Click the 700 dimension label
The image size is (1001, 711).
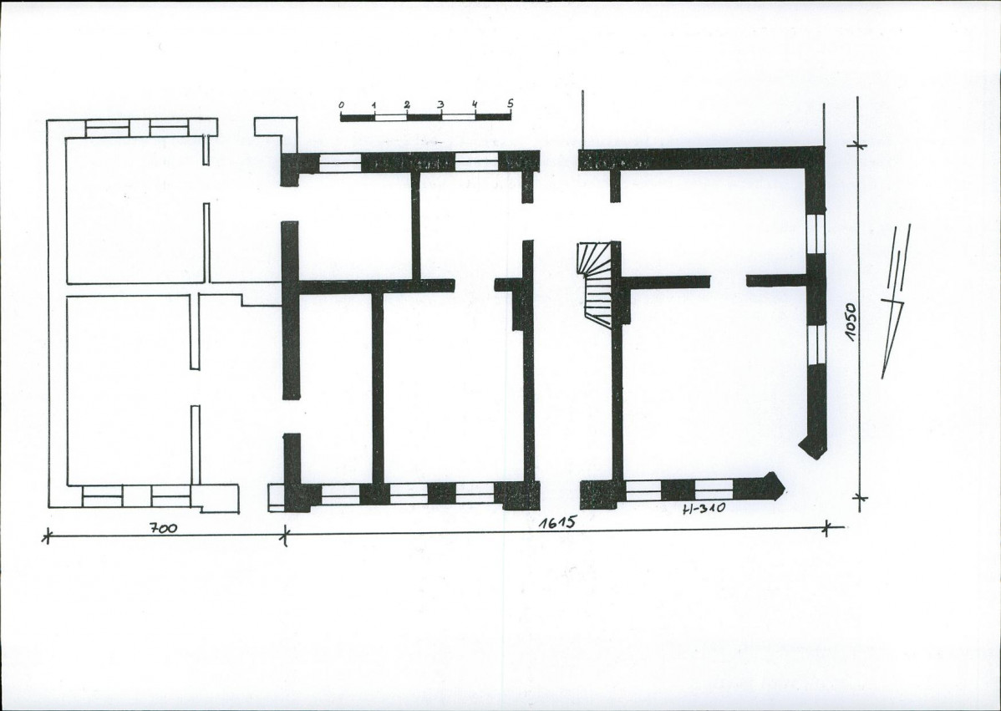pos(164,529)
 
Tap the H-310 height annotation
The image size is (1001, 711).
pos(704,509)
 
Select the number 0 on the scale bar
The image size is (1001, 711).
pos(342,104)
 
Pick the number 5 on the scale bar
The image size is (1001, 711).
pos(510,103)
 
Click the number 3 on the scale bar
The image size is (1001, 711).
pos(440,104)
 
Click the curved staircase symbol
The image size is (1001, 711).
pos(595,283)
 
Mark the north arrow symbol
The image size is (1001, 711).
pos(896,300)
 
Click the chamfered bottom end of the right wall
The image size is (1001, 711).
pos(814,446)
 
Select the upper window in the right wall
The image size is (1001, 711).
pos(816,234)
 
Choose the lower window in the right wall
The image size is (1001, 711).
pos(816,345)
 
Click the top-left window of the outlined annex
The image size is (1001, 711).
pos(107,128)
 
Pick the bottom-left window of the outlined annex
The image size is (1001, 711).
pos(102,496)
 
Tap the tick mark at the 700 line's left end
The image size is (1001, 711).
pos(46,536)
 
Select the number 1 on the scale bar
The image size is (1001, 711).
pos(374,104)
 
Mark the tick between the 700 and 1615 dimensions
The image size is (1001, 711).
pos(286,534)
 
